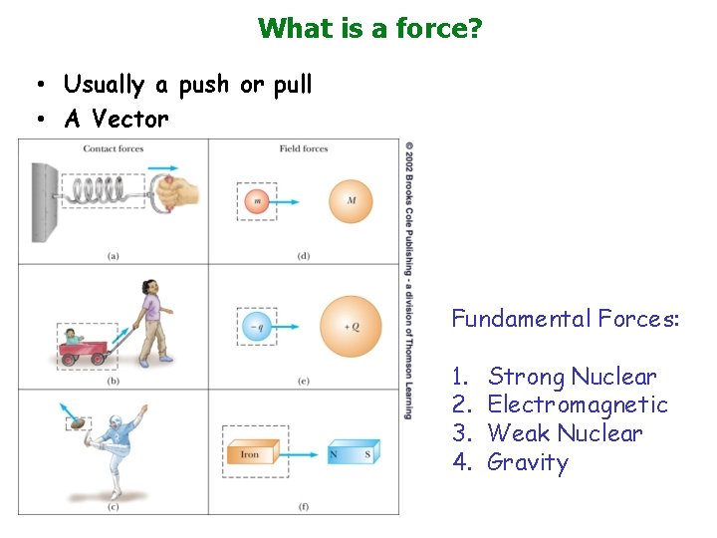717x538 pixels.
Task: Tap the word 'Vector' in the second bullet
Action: point(130,120)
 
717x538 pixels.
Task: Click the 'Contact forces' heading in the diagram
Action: point(114,149)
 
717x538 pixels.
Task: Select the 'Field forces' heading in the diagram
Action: point(304,149)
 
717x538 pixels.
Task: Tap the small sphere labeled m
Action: point(257,201)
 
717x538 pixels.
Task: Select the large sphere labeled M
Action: point(351,201)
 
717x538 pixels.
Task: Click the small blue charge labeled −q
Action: point(257,326)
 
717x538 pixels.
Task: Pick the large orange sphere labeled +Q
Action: point(351,326)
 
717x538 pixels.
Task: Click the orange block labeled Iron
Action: point(250,454)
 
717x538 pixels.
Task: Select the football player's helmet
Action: point(119,427)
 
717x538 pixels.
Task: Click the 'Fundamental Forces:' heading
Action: point(566,320)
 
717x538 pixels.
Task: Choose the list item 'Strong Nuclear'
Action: point(572,378)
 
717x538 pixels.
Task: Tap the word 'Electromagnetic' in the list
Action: point(578,405)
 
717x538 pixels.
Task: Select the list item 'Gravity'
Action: point(527,463)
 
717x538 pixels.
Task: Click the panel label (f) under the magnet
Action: point(304,507)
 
